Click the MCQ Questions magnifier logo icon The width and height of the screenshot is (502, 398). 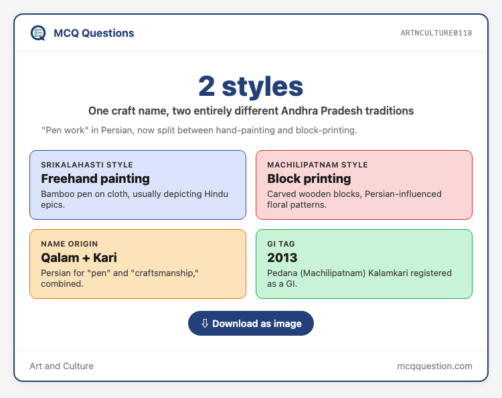38,33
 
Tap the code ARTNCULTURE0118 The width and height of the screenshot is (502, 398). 436,33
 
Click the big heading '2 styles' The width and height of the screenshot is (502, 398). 251,86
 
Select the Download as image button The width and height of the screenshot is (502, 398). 251,324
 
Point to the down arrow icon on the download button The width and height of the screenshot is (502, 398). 205,324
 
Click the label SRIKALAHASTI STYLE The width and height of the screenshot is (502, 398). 87,165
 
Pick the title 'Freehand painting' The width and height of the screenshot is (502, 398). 96,178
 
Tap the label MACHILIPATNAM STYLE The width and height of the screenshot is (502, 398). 317,165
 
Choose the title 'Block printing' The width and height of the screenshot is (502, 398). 309,178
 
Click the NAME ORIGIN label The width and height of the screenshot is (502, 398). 69,244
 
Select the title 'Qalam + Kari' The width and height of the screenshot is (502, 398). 79,258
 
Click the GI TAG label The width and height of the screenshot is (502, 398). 280,244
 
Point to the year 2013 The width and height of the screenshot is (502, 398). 282,258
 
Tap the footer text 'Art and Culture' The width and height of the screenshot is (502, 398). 62,366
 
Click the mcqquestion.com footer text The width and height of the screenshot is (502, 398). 434,366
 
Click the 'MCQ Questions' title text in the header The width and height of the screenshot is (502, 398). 94,33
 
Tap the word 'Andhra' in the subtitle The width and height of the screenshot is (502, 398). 299,111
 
